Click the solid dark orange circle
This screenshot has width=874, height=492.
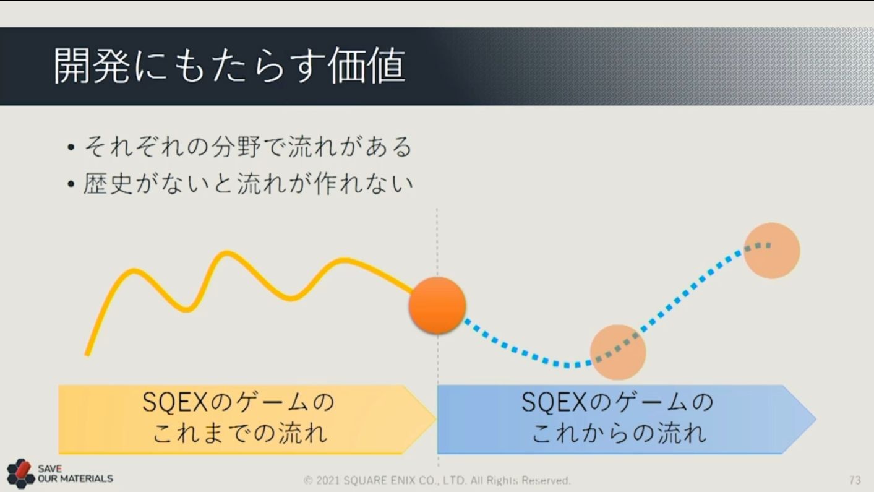point(437,305)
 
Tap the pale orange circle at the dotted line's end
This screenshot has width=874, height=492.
point(772,251)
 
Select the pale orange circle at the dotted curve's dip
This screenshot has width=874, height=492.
point(618,352)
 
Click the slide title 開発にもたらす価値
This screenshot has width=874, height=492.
point(229,66)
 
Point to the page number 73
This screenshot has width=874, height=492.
point(855,480)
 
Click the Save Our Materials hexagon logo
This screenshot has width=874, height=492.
point(20,473)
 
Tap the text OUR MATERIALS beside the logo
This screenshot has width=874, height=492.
point(75,478)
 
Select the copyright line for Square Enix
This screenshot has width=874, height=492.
point(437,480)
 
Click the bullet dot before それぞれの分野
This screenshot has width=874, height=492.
point(71,147)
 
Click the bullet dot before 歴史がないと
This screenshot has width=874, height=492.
point(71,184)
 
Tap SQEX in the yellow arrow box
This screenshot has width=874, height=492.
point(174,402)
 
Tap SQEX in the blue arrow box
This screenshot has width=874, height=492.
point(554,402)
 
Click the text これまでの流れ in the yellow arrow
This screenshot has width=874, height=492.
point(239,433)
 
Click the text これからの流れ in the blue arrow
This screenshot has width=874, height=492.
point(619,433)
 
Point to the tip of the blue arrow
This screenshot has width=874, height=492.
point(816,420)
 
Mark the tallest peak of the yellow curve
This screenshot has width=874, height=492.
point(226,253)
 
